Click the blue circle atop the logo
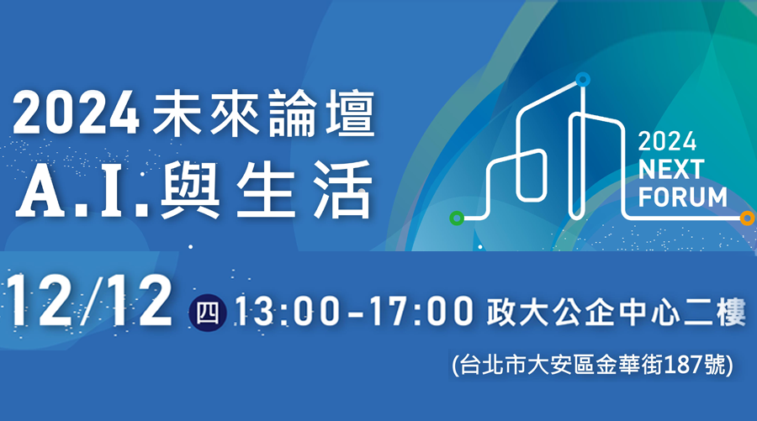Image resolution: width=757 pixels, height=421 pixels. click(x=583, y=79)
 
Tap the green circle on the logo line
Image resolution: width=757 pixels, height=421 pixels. click(x=457, y=218)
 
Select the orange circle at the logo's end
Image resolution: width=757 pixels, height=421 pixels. click(x=748, y=218)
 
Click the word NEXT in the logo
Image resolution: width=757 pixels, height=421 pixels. click(x=671, y=169)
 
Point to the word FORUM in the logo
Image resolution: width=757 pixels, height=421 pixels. click(x=683, y=197)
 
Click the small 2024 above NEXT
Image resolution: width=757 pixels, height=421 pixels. click(x=667, y=142)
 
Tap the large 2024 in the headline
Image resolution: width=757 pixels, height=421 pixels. click(x=77, y=113)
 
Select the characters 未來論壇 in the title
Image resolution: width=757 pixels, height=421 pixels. click(x=263, y=113)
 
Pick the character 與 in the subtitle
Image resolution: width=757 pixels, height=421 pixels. click(x=190, y=191)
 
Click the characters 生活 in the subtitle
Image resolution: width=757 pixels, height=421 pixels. click(x=305, y=190)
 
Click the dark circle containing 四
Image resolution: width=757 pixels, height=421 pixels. click(x=208, y=313)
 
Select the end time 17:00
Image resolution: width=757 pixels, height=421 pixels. click(x=422, y=312)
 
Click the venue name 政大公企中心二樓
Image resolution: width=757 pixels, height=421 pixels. click(x=616, y=312)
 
